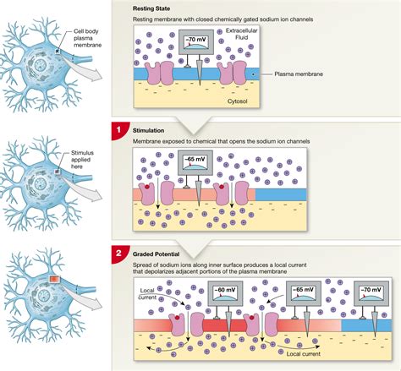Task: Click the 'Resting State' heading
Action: (x=152, y=8)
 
